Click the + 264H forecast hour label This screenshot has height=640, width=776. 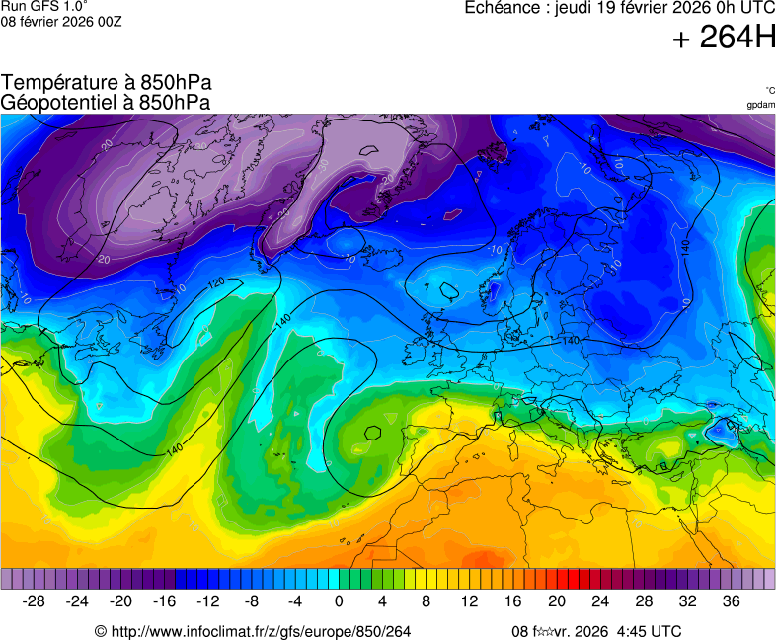[x=724, y=39]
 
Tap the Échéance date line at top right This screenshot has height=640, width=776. [x=620, y=8]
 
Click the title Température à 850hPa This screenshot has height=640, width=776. [x=107, y=83]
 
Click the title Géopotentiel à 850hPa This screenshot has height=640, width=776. [x=107, y=102]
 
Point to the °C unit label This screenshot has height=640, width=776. [x=769, y=90]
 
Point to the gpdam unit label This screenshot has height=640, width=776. [x=760, y=105]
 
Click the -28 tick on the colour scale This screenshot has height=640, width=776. [x=34, y=600]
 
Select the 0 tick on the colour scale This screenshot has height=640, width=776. [x=339, y=600]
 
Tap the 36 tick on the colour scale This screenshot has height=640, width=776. [x=731, y=600]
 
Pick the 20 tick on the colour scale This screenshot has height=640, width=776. [x=557, y=600]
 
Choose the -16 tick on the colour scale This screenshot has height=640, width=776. [x=164, y=600]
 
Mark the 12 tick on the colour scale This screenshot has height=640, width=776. [x=470, y=600]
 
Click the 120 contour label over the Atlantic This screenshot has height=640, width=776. [x=216, y=283]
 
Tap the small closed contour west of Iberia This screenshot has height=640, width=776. [x=373, y=432]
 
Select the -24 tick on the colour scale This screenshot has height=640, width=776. [x=77, y=600]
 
